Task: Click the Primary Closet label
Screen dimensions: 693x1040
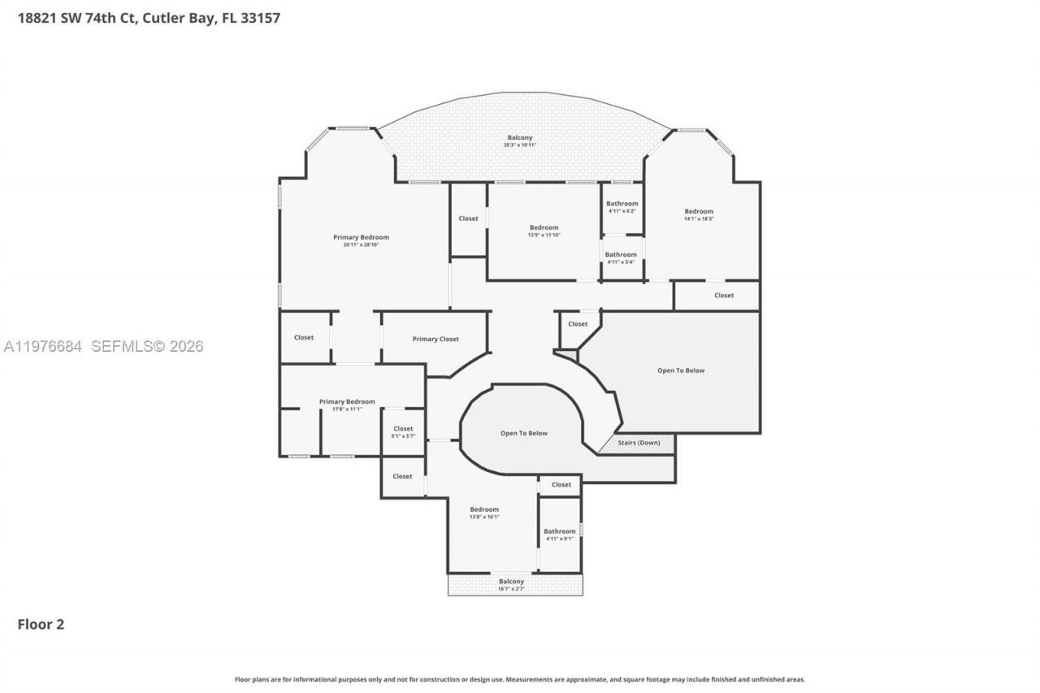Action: coord(435,339)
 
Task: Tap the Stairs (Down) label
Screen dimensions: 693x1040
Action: coord(639,443)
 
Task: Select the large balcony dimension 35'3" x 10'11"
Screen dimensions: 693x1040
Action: coord(520,145)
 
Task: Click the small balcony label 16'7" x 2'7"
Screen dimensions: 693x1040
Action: coord(511,588)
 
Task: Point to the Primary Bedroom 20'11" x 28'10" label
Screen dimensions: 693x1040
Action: coord(361,240)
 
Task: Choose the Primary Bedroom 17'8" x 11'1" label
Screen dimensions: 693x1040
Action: coord(347,405)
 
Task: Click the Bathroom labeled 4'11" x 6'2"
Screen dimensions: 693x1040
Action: coord(622,206)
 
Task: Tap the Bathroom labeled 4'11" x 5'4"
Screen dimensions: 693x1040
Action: coord(621,258)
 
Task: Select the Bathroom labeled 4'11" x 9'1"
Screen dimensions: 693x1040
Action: coord(559,535)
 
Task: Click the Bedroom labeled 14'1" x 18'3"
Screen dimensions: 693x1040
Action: coord(699,214)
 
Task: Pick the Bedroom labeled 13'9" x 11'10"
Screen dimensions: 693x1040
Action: coord(544,231)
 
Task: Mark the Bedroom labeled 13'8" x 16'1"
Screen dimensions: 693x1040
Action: coord(484,513)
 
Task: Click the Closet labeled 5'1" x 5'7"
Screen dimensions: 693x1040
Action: coord(403,432)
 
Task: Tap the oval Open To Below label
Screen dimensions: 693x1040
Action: coord(523,433)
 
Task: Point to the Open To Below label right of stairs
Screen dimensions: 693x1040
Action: coord(681,370)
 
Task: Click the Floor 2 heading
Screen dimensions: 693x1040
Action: coord(41,624)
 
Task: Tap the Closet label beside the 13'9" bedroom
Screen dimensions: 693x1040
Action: coord(468,219)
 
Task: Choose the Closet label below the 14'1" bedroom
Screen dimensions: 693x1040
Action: coord(724,295)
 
